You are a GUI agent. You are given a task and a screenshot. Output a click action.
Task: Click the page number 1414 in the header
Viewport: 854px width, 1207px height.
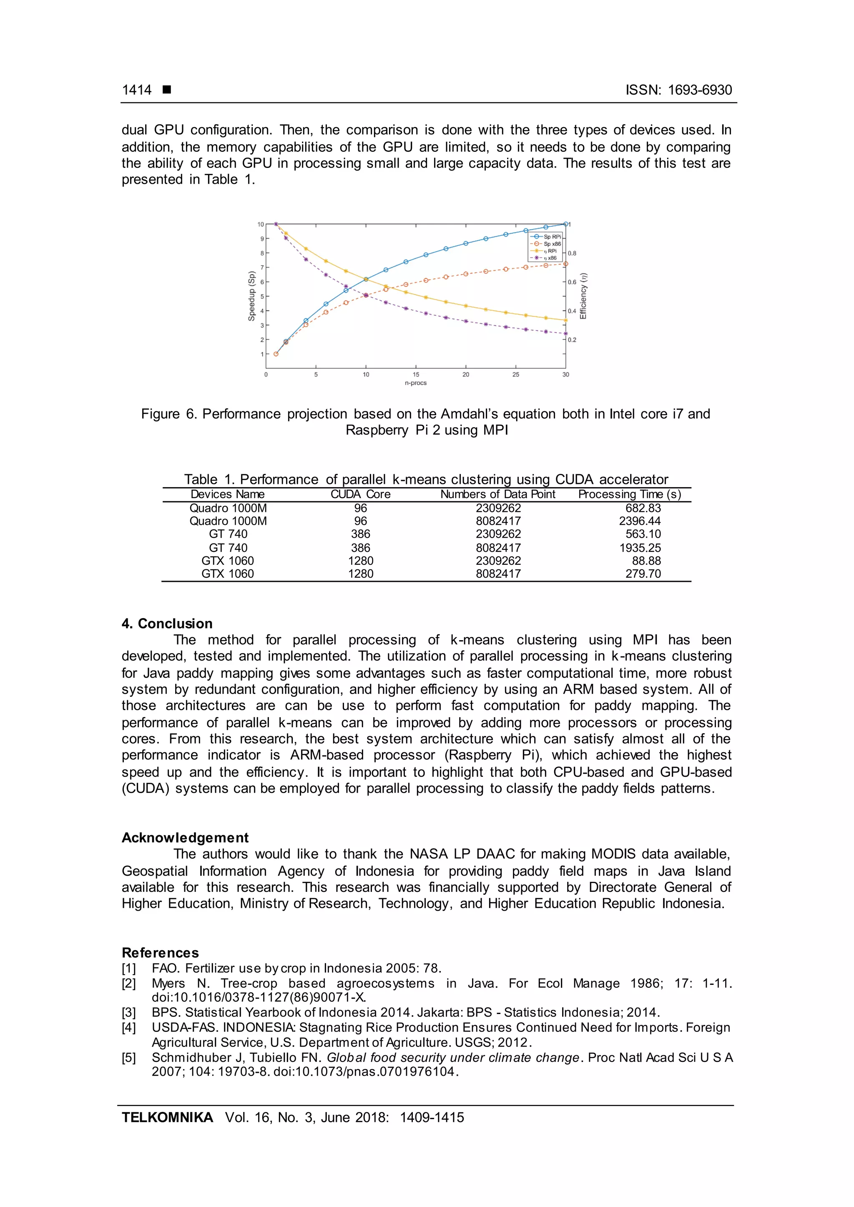137,90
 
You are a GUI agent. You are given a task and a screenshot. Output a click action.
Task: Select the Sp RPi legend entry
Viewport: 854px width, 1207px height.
552,237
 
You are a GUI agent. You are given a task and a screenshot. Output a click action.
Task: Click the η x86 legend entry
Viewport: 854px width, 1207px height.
550,258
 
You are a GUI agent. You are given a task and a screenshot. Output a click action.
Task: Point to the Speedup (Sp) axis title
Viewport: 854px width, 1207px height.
251,296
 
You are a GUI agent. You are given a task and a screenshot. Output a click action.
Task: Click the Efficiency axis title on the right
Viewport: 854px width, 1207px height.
583,296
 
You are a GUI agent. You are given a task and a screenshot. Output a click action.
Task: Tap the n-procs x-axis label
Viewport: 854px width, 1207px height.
415,383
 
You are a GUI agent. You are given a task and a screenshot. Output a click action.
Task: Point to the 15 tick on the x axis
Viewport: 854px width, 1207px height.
415,375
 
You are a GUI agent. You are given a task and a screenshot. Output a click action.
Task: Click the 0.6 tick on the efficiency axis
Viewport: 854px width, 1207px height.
572,282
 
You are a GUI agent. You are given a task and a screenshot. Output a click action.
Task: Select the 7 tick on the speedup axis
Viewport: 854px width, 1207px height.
261,268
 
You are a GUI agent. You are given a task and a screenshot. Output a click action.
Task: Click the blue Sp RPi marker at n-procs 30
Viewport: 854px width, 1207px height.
565,225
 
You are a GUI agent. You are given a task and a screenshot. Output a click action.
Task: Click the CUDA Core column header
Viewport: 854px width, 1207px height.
360,494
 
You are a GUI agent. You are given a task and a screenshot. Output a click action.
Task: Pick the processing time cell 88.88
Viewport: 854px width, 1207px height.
646,561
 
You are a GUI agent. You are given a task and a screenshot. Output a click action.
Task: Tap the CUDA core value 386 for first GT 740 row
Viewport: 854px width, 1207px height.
360,534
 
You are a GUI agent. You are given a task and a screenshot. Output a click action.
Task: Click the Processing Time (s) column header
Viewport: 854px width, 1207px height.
630,494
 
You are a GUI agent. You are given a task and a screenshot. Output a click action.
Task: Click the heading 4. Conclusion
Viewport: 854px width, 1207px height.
167,624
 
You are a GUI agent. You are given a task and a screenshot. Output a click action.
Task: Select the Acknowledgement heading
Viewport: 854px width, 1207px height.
185,837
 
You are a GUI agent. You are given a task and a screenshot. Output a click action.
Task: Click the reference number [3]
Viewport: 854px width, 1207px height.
129,1012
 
